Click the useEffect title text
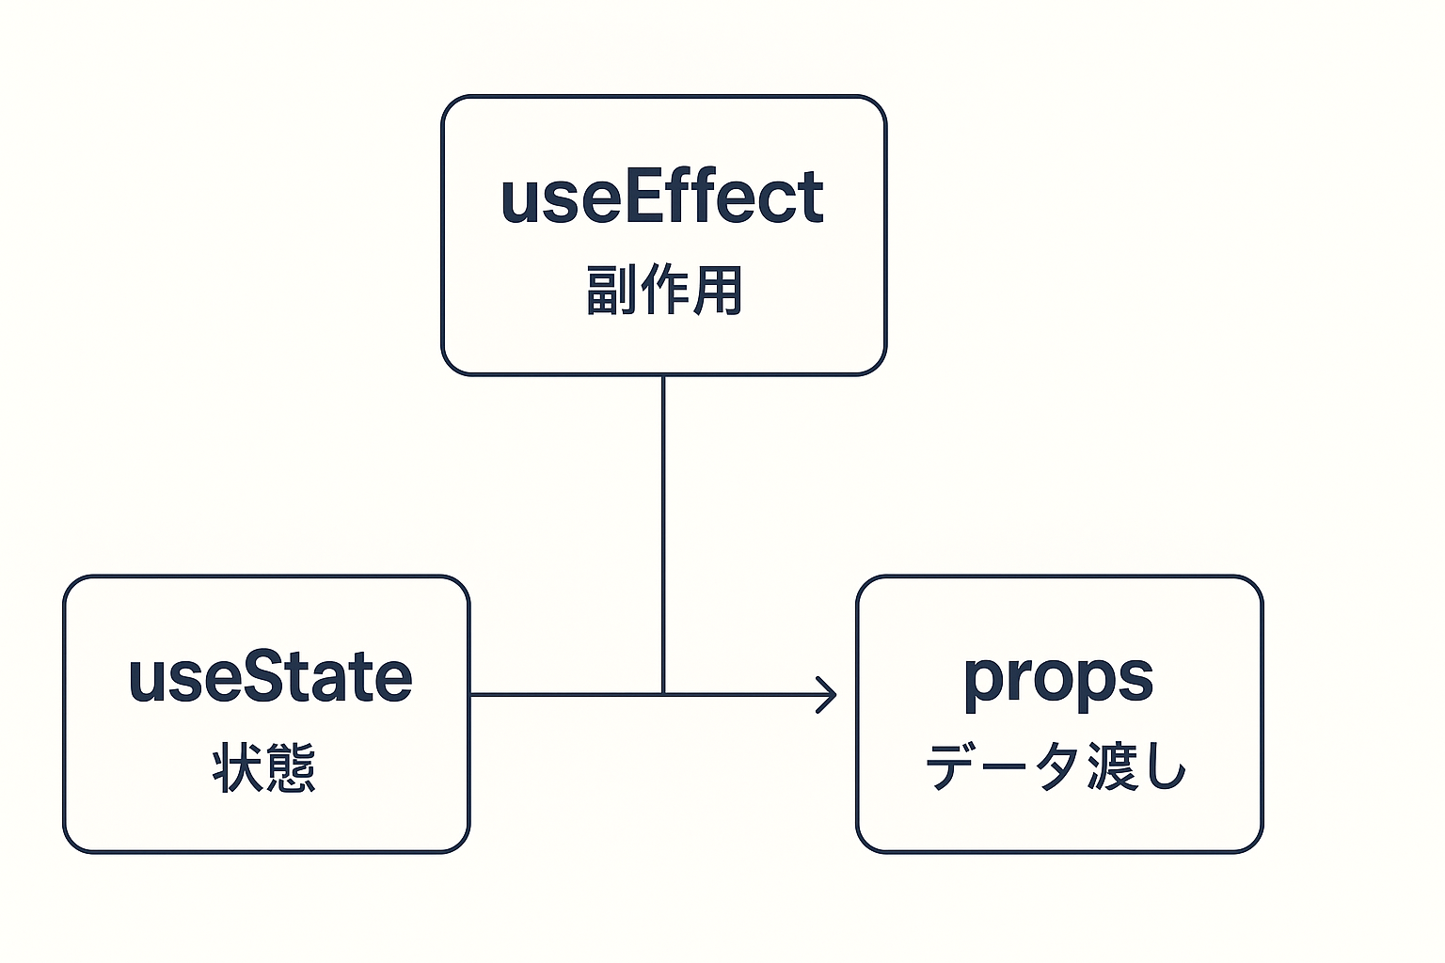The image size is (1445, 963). (662, 197)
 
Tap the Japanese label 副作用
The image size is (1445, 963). (664, 290)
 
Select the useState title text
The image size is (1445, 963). (270, 676)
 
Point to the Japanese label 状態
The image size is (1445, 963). (263, 767)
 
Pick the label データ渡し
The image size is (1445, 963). (1056, 766)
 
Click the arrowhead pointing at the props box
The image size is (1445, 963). (827, 695)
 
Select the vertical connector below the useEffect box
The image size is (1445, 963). (663, 535)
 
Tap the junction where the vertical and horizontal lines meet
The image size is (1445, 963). (663, 695)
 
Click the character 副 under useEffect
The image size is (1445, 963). (611, 290)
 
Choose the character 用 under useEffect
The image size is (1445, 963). (718, 290)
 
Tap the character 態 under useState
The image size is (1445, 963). (291, 767)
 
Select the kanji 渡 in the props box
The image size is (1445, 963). (1112, 766)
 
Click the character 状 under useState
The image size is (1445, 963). (237, 767)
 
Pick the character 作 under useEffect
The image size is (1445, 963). (664, 290)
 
